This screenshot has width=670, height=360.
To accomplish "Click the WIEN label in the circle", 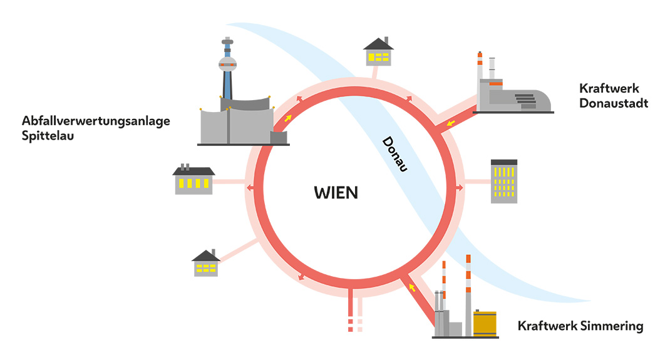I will (x=336, y=192).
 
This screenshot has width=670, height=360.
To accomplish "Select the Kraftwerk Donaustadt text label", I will (x=614, y=96).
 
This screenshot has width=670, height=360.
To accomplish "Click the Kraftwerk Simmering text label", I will (x=580, y=326).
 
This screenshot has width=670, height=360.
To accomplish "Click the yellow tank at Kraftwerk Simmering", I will (x=485, y=323).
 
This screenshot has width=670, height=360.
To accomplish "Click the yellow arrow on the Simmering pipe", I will (x=411, y=287).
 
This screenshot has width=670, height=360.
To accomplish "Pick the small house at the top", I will (x=378, y=52).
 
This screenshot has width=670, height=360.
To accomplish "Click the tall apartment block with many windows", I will (x=504, y=181).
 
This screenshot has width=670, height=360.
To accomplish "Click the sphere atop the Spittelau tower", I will (x=227, y=63).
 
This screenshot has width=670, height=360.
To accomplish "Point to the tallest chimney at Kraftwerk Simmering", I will (x=468, y=294).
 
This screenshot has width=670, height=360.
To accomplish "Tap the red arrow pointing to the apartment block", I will (x=460, y=187).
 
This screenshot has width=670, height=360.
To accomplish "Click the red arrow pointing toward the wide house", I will (x=250, y=187).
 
